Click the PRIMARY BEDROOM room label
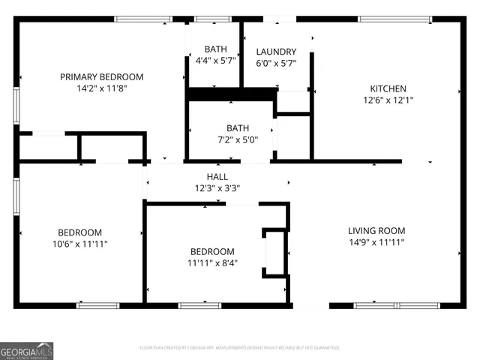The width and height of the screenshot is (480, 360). click(101, 76)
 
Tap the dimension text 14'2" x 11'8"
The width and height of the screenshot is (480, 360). click(101, 88)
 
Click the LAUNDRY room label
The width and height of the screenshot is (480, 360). click(276, 52)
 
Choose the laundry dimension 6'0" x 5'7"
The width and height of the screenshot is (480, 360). click(276, 64)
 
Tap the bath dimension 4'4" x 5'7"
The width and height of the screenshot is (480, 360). click(216, 61)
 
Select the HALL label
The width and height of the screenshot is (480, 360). click(217, 176)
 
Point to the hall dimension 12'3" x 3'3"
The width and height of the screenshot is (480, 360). click(217, 188)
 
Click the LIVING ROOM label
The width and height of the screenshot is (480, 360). click(376, 231)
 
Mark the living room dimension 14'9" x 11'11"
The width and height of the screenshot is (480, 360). click(376, 243)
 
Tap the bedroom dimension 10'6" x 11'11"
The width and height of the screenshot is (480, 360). click(80, 244)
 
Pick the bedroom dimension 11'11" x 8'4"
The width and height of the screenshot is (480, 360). click(212, 262)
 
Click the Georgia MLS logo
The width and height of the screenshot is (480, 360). click(27, 351)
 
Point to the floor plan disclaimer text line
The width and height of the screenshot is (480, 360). click(240, 348)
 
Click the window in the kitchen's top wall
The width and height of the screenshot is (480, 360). click(405, 19)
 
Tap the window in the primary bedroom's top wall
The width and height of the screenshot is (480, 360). click(142, 19)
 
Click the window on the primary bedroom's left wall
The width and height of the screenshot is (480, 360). click(16, 106)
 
